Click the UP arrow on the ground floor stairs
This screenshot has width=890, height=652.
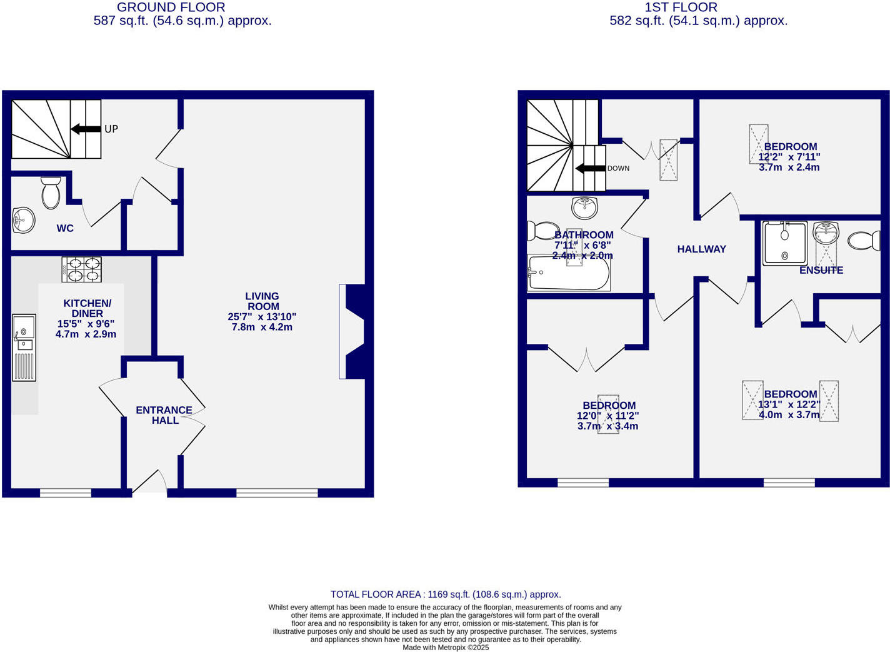point(86,129)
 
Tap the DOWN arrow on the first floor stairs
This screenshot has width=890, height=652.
point(590,168)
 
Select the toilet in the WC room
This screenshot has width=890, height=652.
point(51,193)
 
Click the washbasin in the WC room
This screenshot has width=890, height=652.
point(23,220)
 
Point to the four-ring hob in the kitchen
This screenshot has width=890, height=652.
point(81,269)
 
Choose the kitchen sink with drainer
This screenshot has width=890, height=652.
point(24,347)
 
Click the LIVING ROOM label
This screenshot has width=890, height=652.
point(262,301)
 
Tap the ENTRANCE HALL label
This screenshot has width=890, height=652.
point(164,415)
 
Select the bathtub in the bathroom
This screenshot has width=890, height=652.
point(569,273)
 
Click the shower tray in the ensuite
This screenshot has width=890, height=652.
point(785,243)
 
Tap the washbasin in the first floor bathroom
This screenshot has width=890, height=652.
point(584,206)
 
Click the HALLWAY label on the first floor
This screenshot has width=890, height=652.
point(701,249)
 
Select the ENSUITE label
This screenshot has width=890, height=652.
point(821,270)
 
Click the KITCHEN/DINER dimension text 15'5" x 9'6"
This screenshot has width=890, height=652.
point(86,324)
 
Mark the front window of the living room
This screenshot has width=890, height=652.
point(277,493)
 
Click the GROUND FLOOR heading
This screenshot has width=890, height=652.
point(171,8)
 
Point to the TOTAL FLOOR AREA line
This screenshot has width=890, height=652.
point(445,594)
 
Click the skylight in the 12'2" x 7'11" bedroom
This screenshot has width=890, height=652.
point(758,144)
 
